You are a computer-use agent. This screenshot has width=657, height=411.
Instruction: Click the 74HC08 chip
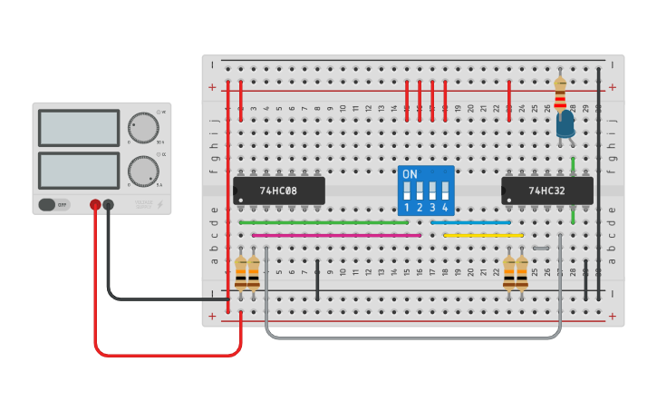278,191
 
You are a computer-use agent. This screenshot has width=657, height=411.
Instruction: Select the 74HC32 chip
547,191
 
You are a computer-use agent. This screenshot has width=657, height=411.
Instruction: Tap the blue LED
565,126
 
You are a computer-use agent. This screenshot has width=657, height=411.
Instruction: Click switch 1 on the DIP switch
407,191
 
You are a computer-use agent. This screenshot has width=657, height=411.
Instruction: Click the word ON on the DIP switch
410,173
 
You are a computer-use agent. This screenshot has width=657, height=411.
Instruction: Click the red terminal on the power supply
95,205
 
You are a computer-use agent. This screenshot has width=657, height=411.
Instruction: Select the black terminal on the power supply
109,205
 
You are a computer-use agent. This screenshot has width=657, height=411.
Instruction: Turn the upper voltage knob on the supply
142,128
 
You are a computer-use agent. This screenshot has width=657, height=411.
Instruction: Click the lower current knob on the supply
142,170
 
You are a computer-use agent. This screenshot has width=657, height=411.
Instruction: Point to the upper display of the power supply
79,128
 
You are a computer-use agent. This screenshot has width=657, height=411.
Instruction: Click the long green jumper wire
324,222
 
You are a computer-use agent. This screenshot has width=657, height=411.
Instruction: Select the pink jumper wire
336,235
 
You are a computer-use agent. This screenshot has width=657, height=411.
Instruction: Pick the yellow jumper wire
483,235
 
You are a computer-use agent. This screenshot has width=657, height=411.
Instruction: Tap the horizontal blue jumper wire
470,222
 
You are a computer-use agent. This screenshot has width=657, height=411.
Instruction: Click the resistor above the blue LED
561,93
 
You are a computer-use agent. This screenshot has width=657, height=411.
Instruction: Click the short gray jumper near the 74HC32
541,248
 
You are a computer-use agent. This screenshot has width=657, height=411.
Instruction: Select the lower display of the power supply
79,170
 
